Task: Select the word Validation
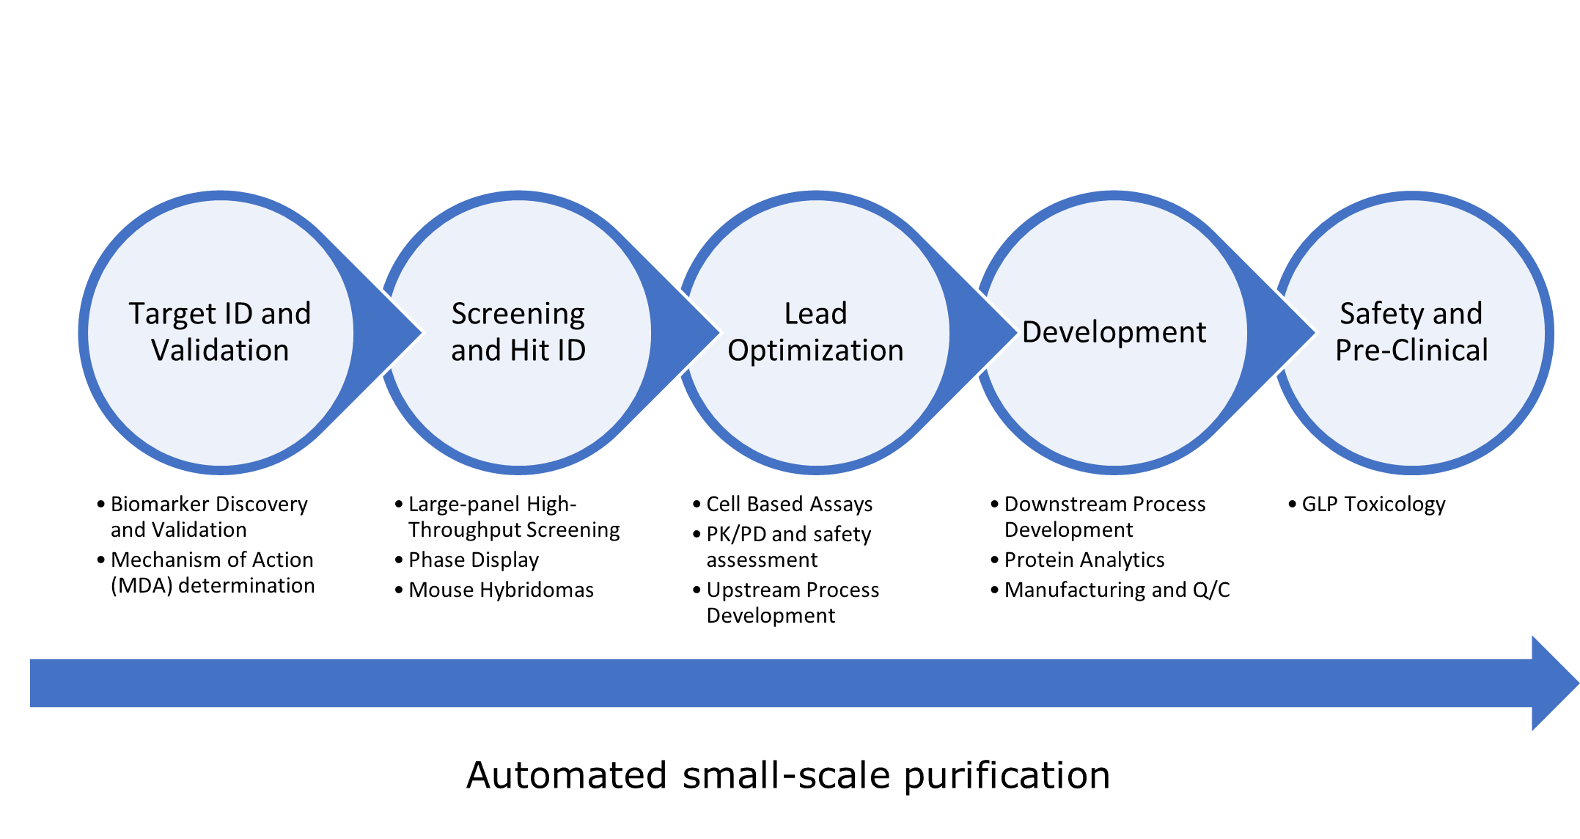[x=220, y=351]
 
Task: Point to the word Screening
[x=518, y=314]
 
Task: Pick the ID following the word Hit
[x=570, y=351]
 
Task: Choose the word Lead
[x=815, y=314]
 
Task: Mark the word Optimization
[x=815, y=351]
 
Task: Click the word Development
[x=1114, y=332]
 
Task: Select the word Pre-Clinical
[x=1411, y=351]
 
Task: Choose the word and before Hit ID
[x=476, y=351]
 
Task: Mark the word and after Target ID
[x=286, y=314]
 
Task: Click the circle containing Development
[x=1114, y=411]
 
